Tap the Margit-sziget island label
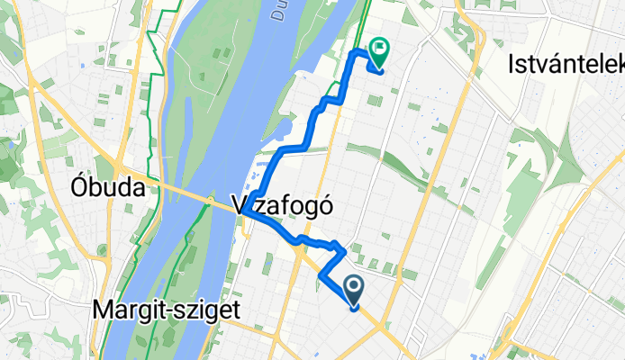166,310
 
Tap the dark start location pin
354,291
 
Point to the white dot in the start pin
354,287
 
